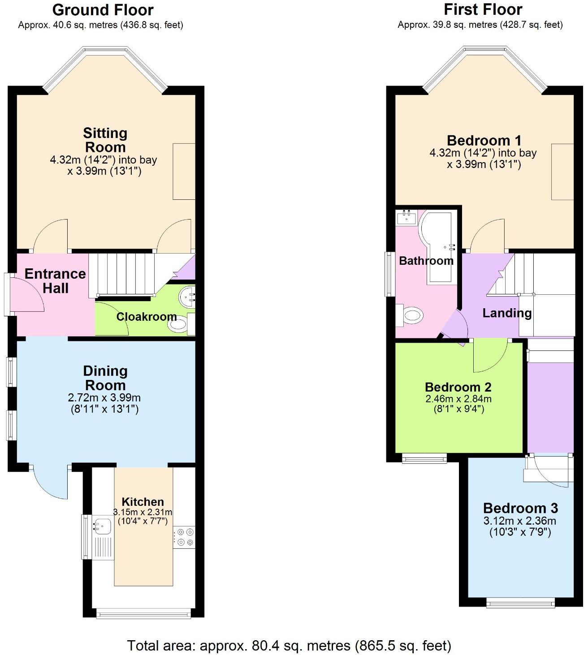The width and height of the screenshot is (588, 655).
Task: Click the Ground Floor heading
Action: click(x=103, y=10)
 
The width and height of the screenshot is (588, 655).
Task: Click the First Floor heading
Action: click(x=483, y=9)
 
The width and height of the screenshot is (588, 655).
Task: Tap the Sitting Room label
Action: click(x=105, y=140)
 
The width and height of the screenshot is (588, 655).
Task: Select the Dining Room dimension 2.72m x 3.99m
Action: click(x=104, y=397)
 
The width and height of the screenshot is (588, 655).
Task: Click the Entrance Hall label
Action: click(x=55, y=281)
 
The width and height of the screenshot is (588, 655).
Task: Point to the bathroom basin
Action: click(x=407, y=217)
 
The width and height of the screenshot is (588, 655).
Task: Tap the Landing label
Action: click(x=507, y=313)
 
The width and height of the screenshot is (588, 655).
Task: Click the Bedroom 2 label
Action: click(x=458, y=387)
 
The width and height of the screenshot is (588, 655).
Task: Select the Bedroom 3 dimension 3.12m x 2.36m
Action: click(x=519, y=521)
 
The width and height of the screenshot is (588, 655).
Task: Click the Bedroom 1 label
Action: click(x=484, y=141)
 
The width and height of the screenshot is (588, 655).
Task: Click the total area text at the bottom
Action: click(x=289, y=646)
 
